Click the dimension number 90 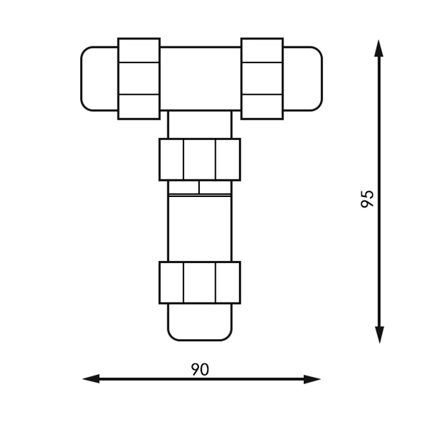point(200,369)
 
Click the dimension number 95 point(367,199)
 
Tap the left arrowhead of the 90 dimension point(91,378)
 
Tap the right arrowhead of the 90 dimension point(312,379)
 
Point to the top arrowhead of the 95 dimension point(378,49)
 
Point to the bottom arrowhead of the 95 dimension point(379,335)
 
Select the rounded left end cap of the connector point(99,79)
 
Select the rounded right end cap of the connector point(302,79)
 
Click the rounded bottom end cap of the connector point(200,322)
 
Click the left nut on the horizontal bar point(139,79)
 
